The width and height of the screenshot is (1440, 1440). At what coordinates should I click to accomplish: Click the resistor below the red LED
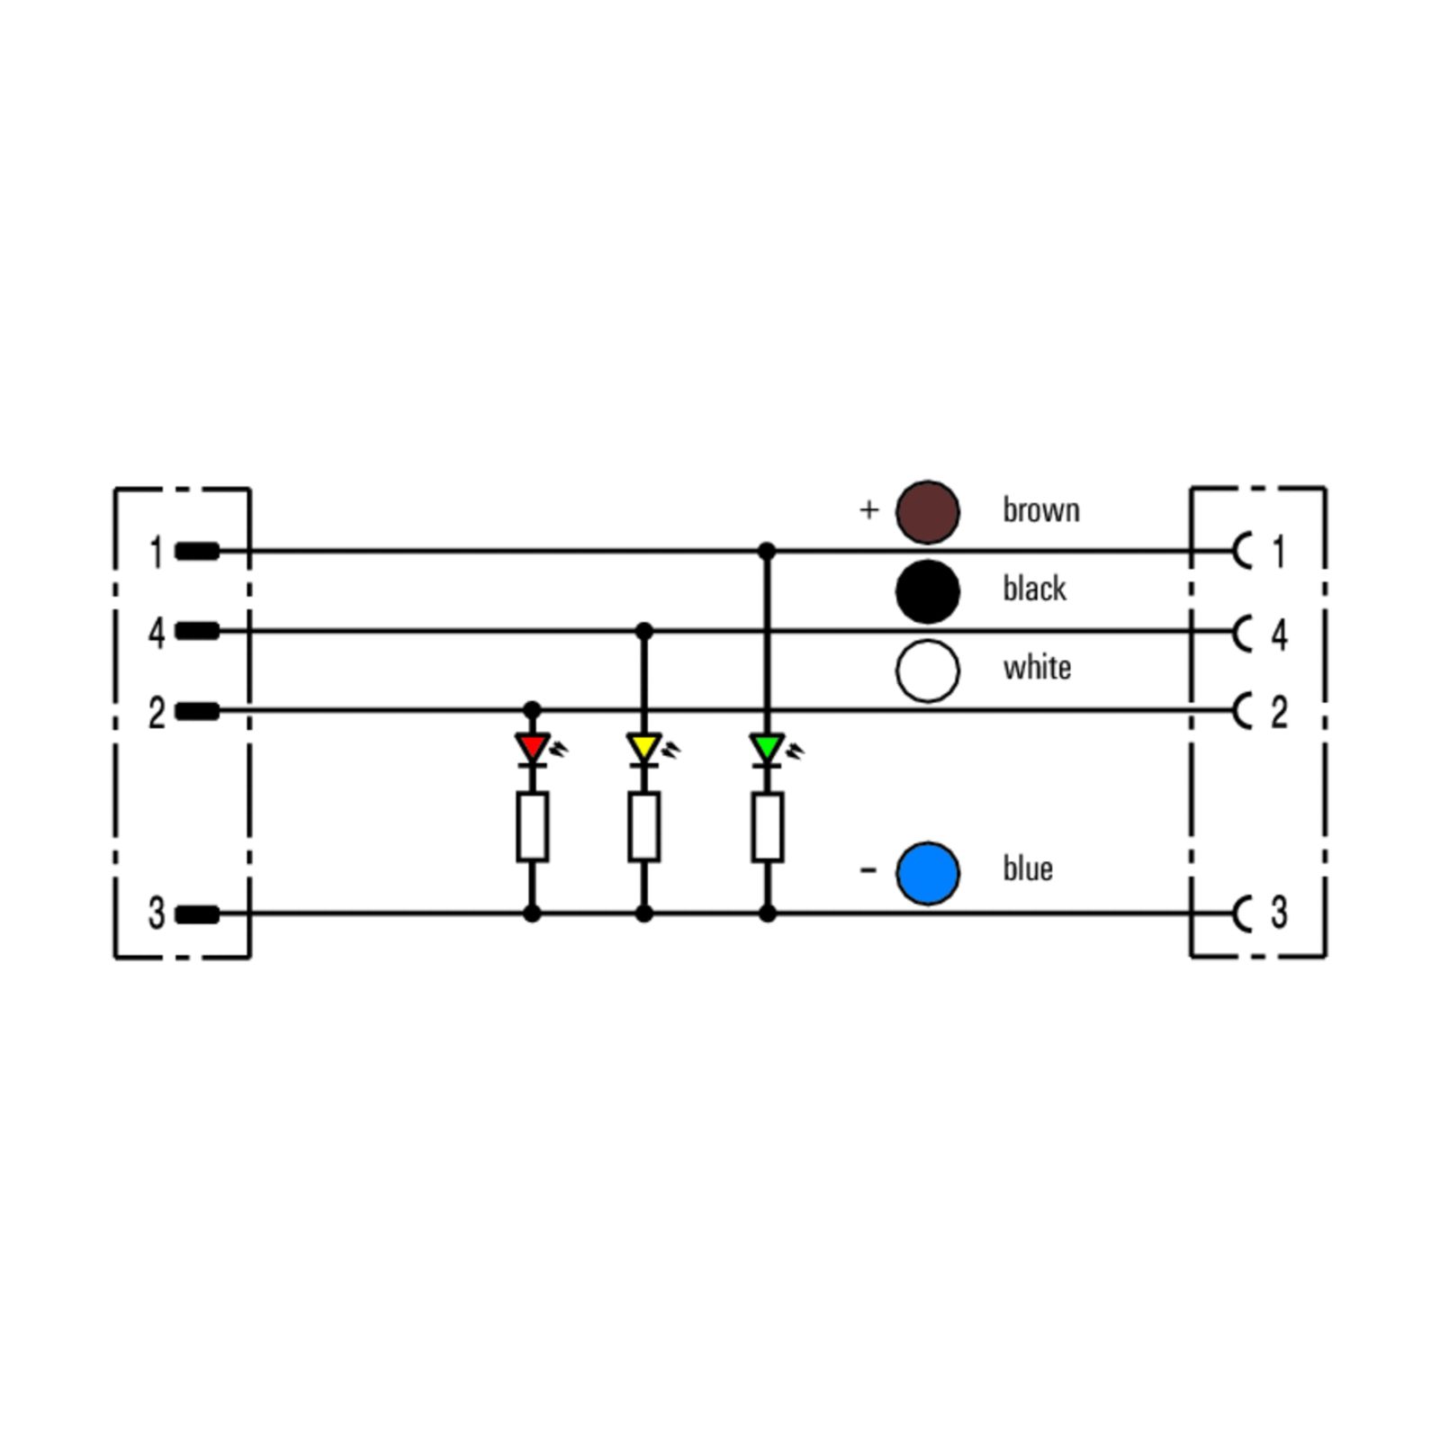(x=533, y=826)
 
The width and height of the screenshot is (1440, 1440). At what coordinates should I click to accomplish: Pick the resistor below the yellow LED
(x=644, y=826)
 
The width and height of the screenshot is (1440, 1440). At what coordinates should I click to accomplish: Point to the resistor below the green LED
(x=768, y=826)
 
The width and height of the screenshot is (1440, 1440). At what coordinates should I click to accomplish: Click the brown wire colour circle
(x=927, y=512)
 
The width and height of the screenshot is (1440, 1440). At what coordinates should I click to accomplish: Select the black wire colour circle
(x=927, y=591)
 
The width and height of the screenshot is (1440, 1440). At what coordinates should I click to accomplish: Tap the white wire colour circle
(x=927, y=670)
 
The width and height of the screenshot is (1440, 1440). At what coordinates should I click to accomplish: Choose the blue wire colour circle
(x=927, y=873)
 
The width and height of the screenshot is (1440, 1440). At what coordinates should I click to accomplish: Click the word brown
(x=1041, y=509)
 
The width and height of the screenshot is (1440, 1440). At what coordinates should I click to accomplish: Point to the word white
(x=1037, y=668)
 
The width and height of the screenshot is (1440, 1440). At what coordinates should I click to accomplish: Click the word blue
(x=1028, y=868)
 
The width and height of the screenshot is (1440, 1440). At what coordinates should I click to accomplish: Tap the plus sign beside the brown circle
(x=868, y=510)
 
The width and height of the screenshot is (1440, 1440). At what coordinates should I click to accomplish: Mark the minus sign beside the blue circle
(x=868, y=869)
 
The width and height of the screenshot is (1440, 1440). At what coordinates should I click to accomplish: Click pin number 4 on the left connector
(x=157, y=634)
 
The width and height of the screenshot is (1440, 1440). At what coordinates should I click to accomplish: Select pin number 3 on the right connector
(x=1279, y=912)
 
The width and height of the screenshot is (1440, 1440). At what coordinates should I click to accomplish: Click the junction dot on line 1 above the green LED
(x=767, y=551)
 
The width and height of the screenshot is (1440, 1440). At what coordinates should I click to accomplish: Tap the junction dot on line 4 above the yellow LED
(x=644, y=631)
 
